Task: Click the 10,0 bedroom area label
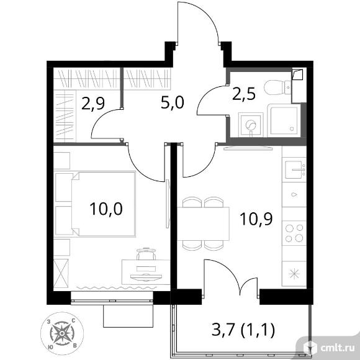click(x=106, y=209)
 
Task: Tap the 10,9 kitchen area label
click(x=256, y=218)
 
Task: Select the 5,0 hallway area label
click(x=173, y=102)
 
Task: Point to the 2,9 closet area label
click(x=93, y=104)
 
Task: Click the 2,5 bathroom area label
click(x=244, y=94)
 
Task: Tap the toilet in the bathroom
click(x=278, y=88)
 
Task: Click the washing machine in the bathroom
click(x=250, y=125)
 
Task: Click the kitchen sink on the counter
click(x=295, y=169)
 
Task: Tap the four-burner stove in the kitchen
click(x=294, y=233)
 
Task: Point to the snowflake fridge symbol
click(x=294, y=274)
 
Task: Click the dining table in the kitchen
click(x=203, y=223)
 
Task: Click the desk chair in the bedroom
click(x=146, y=254)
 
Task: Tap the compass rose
click(x=62, y=333)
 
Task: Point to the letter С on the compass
click(x=73, y=320)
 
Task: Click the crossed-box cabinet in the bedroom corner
click(x=61, y=274)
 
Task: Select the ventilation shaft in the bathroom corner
click(x=297, y=74)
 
